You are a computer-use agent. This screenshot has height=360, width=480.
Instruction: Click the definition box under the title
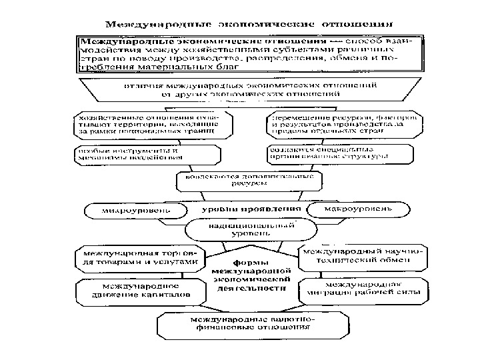(x=250, y=53)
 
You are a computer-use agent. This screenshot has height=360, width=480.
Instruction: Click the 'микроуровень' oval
(x=137, y=211)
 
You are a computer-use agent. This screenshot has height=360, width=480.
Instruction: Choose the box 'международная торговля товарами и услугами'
(x=140, y=258)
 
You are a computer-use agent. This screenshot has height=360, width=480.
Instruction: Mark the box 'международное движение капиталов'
(x=136, y=289)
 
